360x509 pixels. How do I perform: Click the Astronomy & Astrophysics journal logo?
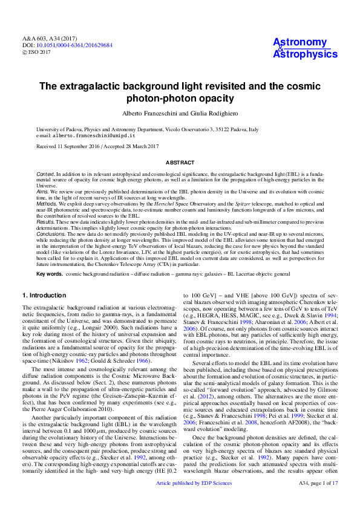click(305, 48)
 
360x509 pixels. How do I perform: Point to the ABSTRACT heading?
click(180, 163)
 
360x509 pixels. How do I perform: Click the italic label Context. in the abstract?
click(45, 173)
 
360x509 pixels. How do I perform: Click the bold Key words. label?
click(49, 274)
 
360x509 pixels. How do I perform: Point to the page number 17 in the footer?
click(335, 500)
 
